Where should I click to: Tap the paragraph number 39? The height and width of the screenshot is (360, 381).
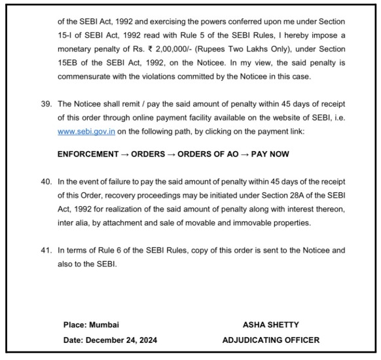tap(45, 105)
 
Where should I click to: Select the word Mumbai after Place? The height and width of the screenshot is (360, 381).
tap(103, 324)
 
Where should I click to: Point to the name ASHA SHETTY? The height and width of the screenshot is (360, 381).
tap(270, 324)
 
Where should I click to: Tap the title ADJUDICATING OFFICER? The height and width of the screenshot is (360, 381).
tap(270, 339)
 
